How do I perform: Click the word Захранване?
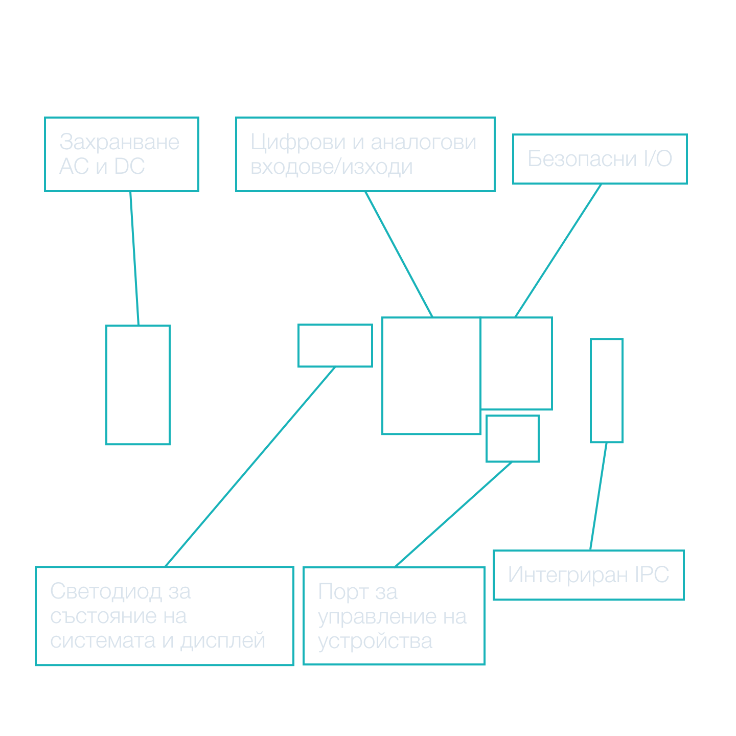(x=119, y=142)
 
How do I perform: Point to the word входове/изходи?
(x=331, y=167)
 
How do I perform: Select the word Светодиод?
(x=105, y=592)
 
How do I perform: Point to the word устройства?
(x=375, y=641)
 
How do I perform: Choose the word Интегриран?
(x=567, y=575)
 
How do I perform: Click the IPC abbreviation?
(x=652, y=575)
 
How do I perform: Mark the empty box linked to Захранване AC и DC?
(x=138, y=385)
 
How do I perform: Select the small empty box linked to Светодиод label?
(x=335, y=346)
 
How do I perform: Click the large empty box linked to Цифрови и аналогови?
(x=431, y=376)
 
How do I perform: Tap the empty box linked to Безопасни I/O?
(x=517, y=363)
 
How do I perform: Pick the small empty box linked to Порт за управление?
(x=512, y=439)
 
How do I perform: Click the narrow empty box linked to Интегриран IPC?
(x=607, y=390)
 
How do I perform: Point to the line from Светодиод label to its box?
(x=250, y=467)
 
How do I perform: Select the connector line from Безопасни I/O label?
(x=558, y=250)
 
